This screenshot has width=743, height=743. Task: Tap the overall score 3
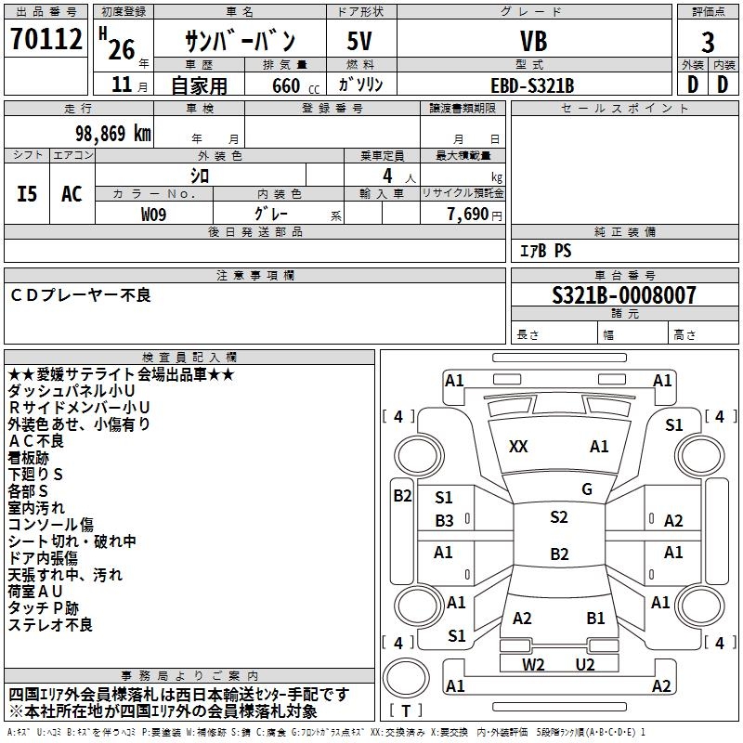click(708, 42)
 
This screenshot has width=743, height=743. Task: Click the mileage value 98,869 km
click(106, 133)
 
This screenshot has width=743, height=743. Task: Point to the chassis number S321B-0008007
click(623, 295)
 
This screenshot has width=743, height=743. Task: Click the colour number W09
click(154, 214)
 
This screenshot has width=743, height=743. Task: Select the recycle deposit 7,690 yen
click(474, 214)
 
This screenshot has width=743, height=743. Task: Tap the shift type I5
click(28, 194)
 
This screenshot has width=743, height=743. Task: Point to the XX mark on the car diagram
click(518, 447)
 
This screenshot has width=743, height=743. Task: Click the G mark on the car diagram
click(587, 489)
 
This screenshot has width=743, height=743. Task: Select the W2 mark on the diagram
click(533, 664)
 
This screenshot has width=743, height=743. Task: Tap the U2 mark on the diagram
click(585, 664)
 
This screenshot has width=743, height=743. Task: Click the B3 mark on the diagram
click(445, 521)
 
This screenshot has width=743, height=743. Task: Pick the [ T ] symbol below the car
click(407, 711)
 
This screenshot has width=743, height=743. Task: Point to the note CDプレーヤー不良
click(81, 295)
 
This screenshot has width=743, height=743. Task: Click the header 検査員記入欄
click(189, 357)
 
